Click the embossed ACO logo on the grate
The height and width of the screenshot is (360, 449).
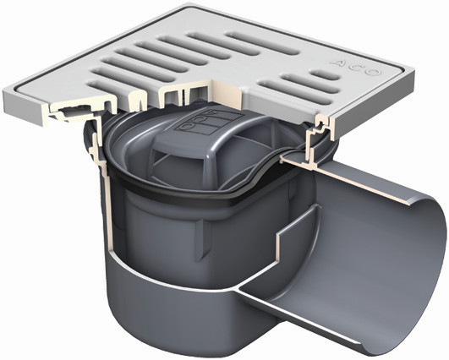pos(354,68)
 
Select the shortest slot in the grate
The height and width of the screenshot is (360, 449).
pos(326,74)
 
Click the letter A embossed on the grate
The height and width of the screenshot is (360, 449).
pos(336,63)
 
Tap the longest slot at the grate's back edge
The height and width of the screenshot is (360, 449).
pos(262,44)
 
